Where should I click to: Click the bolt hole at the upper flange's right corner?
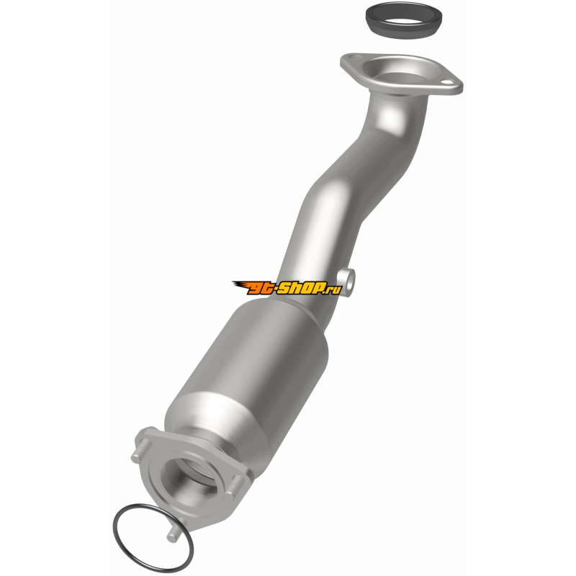point(446,82)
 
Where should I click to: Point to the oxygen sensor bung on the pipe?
point(346,282)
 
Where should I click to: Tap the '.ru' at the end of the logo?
point(333,290)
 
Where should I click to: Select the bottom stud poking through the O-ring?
point(173,534)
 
